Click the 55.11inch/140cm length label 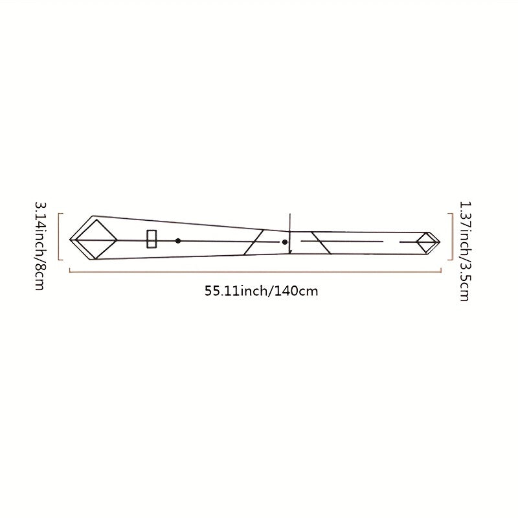click(x=261, y=291)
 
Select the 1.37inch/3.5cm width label click(x=465, y=251)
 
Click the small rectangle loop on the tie click(x=152, y=239)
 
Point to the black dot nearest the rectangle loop click(x=177, y=241)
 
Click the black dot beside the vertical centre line click(x=285, y=242)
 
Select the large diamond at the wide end click(x=96, y=240)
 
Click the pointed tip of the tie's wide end click(x=70, y=240)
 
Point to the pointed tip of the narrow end click(x=440, y=242)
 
